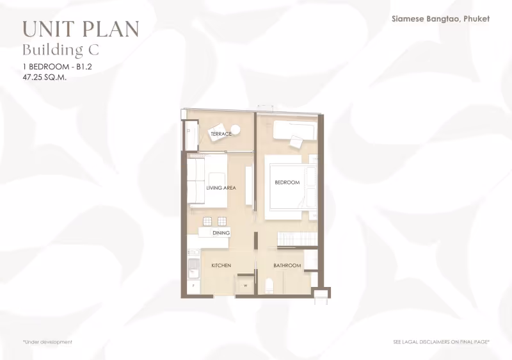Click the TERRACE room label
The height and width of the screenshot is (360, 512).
pyautogui.click(x=221, y=134)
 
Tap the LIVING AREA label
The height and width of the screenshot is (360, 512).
pyautogui.click(x=221, y=188)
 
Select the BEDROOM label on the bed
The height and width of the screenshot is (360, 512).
pyautogui.click(x=287, y=183)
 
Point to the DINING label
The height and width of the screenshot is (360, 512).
pyautogui.click(x=221, y=233)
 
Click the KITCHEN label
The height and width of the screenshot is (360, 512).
pyautogui.click(x=221, y=266)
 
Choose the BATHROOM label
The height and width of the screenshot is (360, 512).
pyautogui.click(x=287, y=266)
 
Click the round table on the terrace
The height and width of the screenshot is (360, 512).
pyautogui.click(x=236, y=129)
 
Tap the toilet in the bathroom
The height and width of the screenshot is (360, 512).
pyautogui.click(x=269, y=286)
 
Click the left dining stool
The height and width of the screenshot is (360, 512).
pyautogui.click(x=207, y=222)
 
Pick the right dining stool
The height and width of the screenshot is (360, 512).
pyautogui.click(x=222, y=222)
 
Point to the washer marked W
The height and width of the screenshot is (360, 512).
pyautogui.click(x=245, y=286)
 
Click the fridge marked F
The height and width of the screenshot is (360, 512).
pyautogui.click(x=194, y=286)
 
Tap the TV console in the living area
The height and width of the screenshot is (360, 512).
pyautogui.click(x=249, y=186)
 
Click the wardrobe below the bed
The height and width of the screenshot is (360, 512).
pyautogui.click(x=298, y=239)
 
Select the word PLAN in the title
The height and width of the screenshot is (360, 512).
pyautogui.click(x=110, y=29)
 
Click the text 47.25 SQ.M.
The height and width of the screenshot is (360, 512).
pyautogui.click(x=45, y=78)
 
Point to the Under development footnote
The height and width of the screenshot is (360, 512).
pyautogui.click(x=47, y=342)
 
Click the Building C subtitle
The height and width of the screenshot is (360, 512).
pyautogui.click(x=61, y=50)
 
